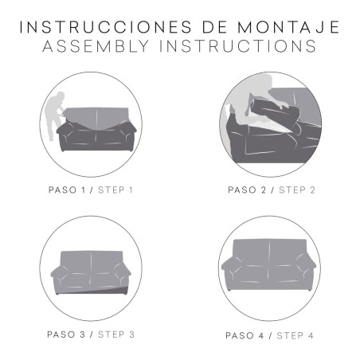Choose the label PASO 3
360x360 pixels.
coord(66,333)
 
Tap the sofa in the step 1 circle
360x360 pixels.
coord(97,128)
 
